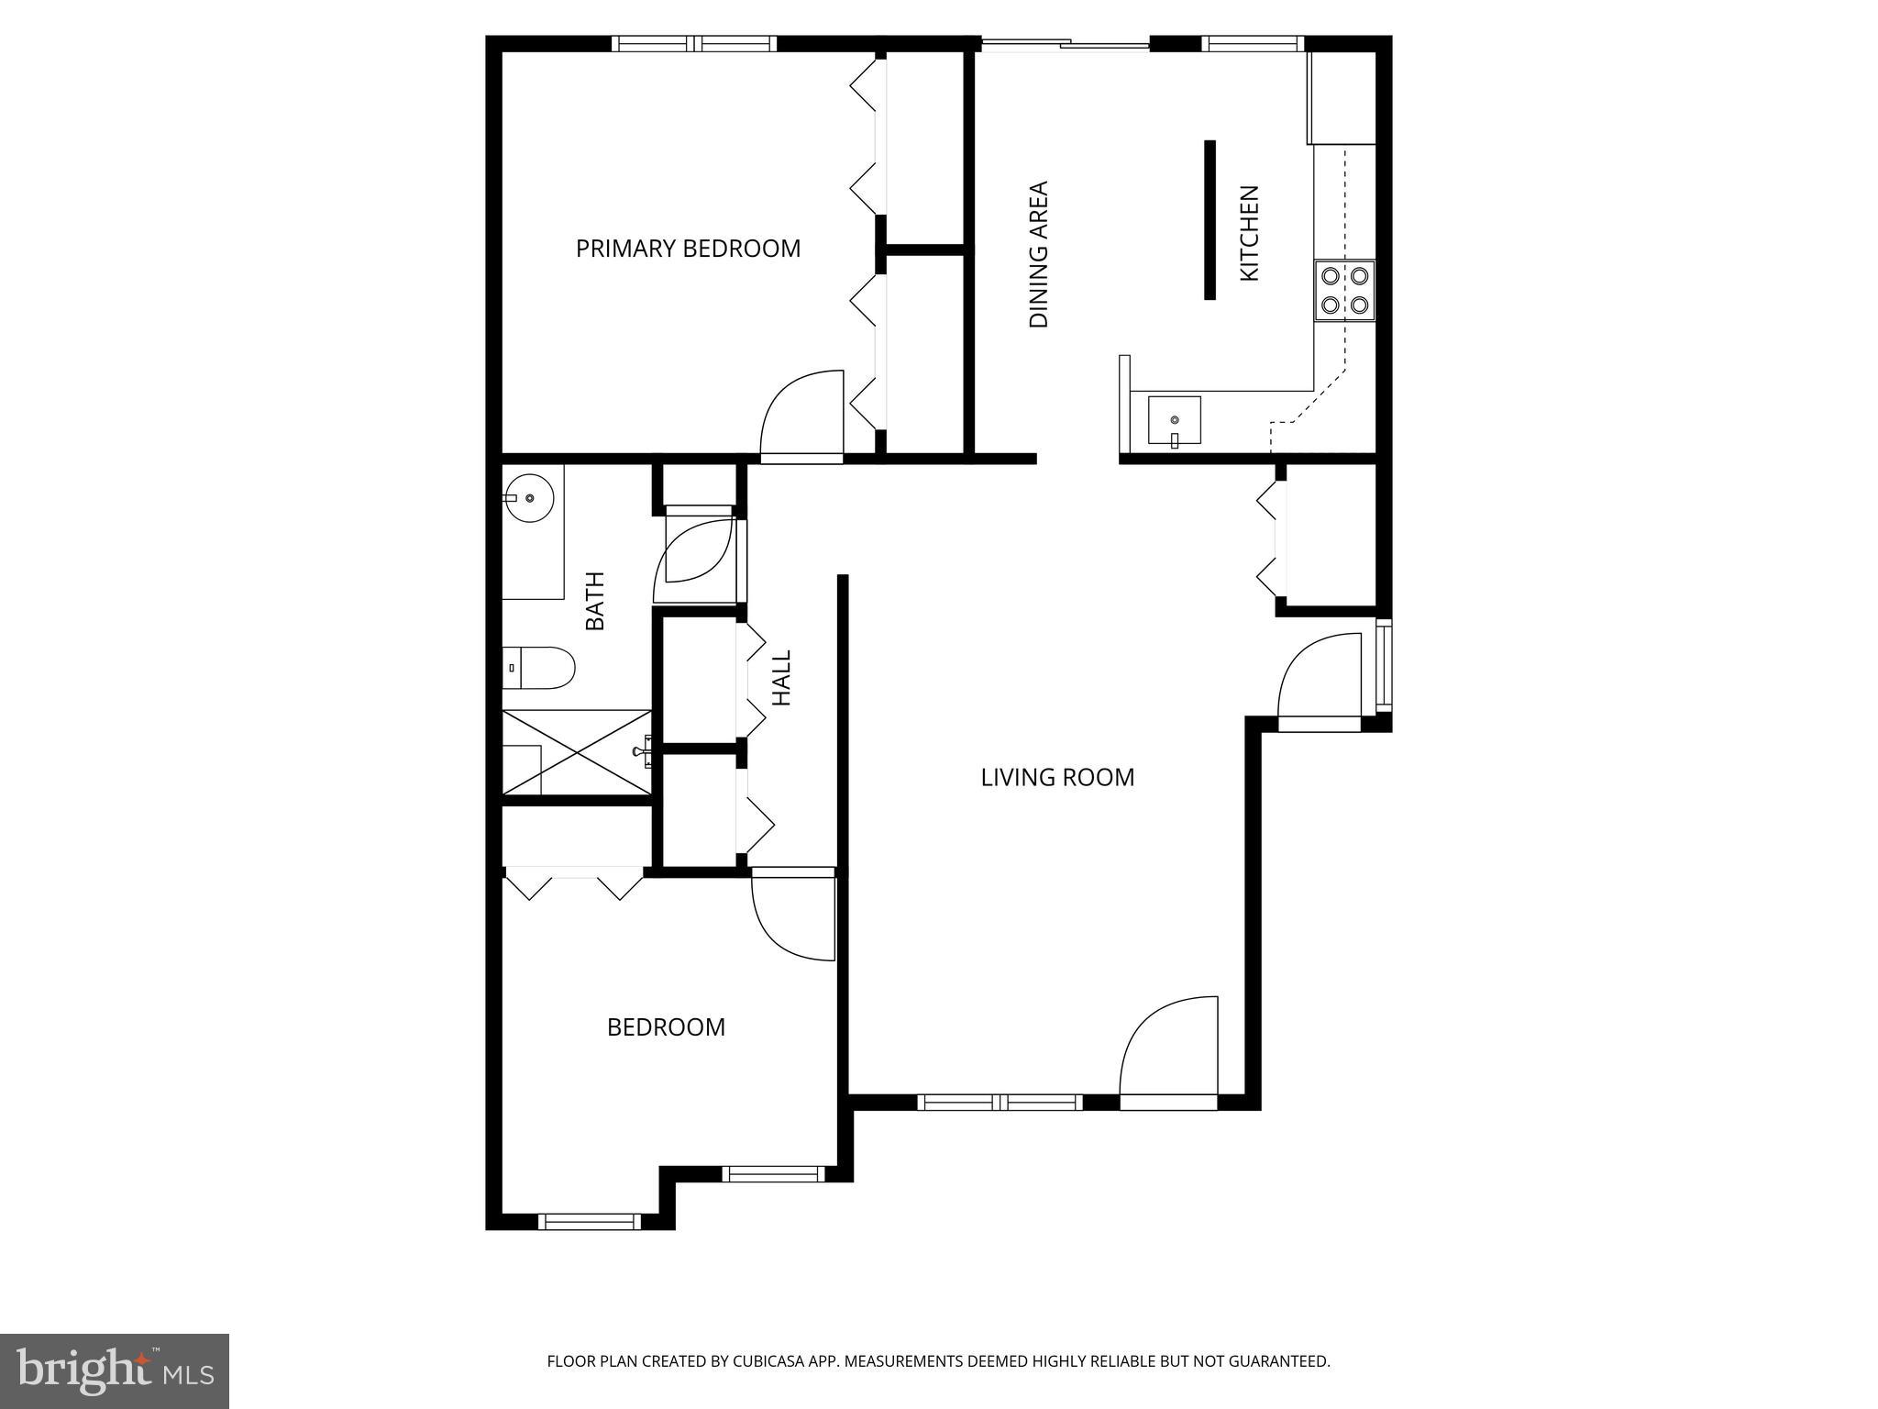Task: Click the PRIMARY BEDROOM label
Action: pyautogui.click(x=688, y=249)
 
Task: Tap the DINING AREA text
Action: pyautogui.click(x=1038, y=254)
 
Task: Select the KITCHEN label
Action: pyautogui.click(x=1249, y=233)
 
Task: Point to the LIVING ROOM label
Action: pyautogui.click(x=1057, y=778)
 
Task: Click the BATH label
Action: pyautogui.click(x=595, y=601)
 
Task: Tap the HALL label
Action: pyautogui.click(x=781, y=678)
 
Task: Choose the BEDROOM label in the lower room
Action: pyautogui.click(x=666, y=1027)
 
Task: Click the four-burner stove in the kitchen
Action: pyautogui.click(x=1344, y=290)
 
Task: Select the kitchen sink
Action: pyautogui.click(x=1174, y=421)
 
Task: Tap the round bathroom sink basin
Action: pyautogui.click(x=530, y=498)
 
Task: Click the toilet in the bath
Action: pyautogui.click(x=541, y=668)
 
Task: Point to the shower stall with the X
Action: pyautogui.click(x=577, y=752)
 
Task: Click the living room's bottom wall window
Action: pyautogui.click(x=1000, y=1102)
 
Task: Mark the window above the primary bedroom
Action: pyautogui.click(x=694, y=43)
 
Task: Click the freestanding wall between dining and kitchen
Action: pyautogui.click(x=1210, y=220)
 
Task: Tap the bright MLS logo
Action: pyautogui.click(x=115, y=1371)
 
